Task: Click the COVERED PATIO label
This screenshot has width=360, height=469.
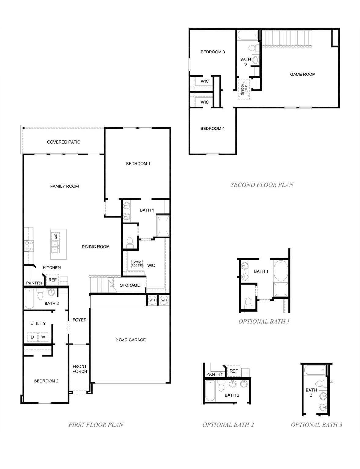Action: [64, 142]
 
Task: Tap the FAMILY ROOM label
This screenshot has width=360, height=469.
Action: [64, 186]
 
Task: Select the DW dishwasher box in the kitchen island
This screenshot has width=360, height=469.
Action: [56, 237]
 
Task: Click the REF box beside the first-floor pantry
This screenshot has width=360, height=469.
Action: [52, 280]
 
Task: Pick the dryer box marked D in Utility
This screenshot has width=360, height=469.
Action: [32, 337]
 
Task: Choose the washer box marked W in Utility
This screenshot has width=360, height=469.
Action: [43, 337]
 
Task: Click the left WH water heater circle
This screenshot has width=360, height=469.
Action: [152, 300]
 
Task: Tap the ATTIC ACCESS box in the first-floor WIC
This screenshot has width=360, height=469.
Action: [137, 264]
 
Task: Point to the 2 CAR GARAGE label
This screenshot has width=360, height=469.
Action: [130, 340]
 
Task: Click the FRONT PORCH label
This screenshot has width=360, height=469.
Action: [80, 369]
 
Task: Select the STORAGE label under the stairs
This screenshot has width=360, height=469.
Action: [130, 285]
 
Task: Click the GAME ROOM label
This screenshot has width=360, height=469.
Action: [303, 74]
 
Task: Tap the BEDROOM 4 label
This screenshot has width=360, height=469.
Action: [212, 129]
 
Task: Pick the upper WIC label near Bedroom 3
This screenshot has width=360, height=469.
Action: [205, 81]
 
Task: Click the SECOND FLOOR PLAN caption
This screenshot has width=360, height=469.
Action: [262, 184]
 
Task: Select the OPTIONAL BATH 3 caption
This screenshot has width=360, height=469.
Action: [316, 424]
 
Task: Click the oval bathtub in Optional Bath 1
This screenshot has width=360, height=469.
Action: [281, 271]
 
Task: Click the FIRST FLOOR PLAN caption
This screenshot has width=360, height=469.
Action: [96, 424]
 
